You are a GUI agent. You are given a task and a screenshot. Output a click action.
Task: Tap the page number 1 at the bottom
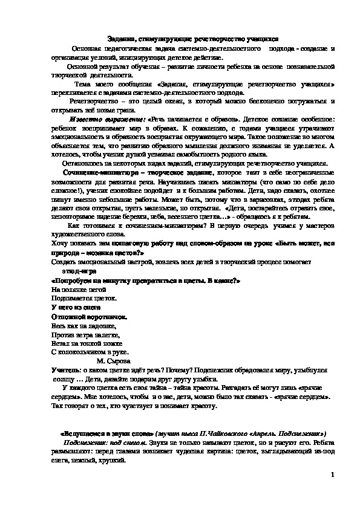(333, 477)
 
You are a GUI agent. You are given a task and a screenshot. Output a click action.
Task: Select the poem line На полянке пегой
(73, 290)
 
